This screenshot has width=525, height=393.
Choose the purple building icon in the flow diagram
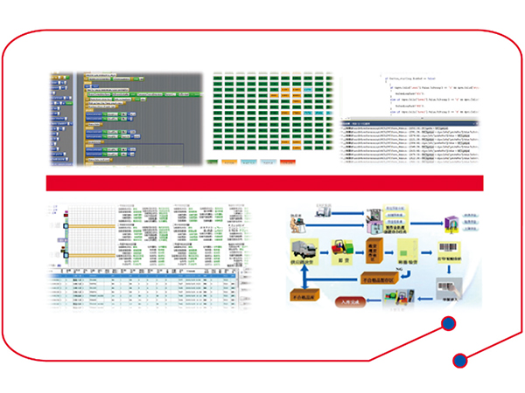[452, 226]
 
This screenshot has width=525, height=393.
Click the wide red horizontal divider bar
[263, 183]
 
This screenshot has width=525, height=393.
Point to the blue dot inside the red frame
[448, 325]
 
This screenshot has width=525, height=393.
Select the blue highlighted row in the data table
[140, 283]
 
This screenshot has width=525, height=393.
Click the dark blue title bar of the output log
[411, 125]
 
